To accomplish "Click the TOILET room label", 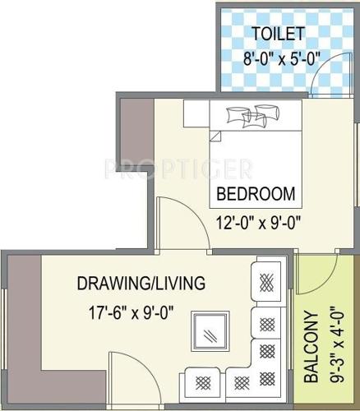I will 279,34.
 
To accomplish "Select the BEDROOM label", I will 255,194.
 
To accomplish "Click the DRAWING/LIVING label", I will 141,284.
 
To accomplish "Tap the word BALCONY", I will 311,348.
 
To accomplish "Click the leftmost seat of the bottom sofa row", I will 201,381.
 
